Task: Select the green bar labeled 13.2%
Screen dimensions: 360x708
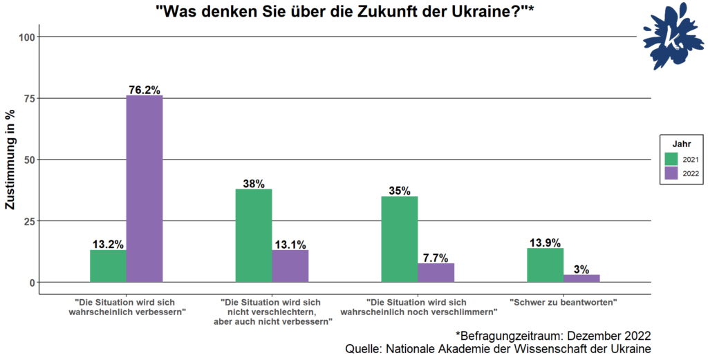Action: [108, 266]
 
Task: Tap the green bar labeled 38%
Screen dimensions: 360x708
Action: [254, 236]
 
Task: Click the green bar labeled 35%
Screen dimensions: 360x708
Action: [399, 239]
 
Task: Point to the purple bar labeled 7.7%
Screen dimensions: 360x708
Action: [436, 273]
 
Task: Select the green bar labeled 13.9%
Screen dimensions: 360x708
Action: [545, 265]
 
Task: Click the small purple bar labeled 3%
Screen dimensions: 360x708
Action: [581, 278]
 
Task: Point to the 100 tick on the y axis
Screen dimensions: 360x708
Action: [28, 37]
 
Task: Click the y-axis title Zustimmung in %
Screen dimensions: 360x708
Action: [10, 160]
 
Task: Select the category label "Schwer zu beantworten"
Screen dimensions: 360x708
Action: [563, 303]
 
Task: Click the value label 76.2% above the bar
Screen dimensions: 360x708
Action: [144, 90]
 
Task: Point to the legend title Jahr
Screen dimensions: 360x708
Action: [682, 143]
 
